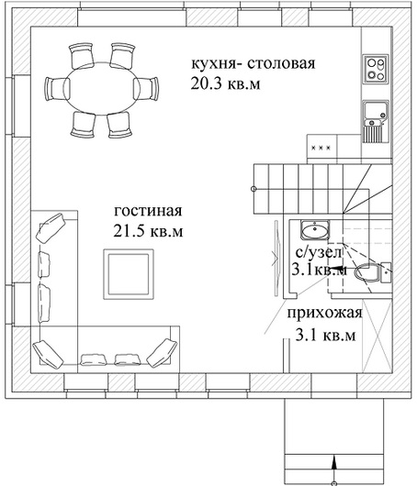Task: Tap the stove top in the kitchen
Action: [x=376, y=69]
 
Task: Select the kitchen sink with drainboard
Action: [x=376, y=121]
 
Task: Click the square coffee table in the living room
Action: [x=129, y=274]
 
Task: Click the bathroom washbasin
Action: [x=315, y=230]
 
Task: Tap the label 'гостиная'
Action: [x=148, y=211]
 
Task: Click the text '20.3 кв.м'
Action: [x=225, y=83]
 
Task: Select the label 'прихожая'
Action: [x=325, y=314]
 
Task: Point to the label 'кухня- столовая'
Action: [x=254, y=63]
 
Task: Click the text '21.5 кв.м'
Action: [x=148, y=231]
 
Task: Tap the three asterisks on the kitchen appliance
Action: [x=321, y=148]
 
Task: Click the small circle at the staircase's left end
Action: [x=254, y=189]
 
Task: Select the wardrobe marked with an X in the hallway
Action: [x=377, y=336]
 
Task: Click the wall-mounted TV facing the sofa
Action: [x=276, y=258]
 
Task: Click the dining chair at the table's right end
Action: [x=146, y=88]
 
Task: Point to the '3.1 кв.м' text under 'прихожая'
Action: [x=325, y=336]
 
